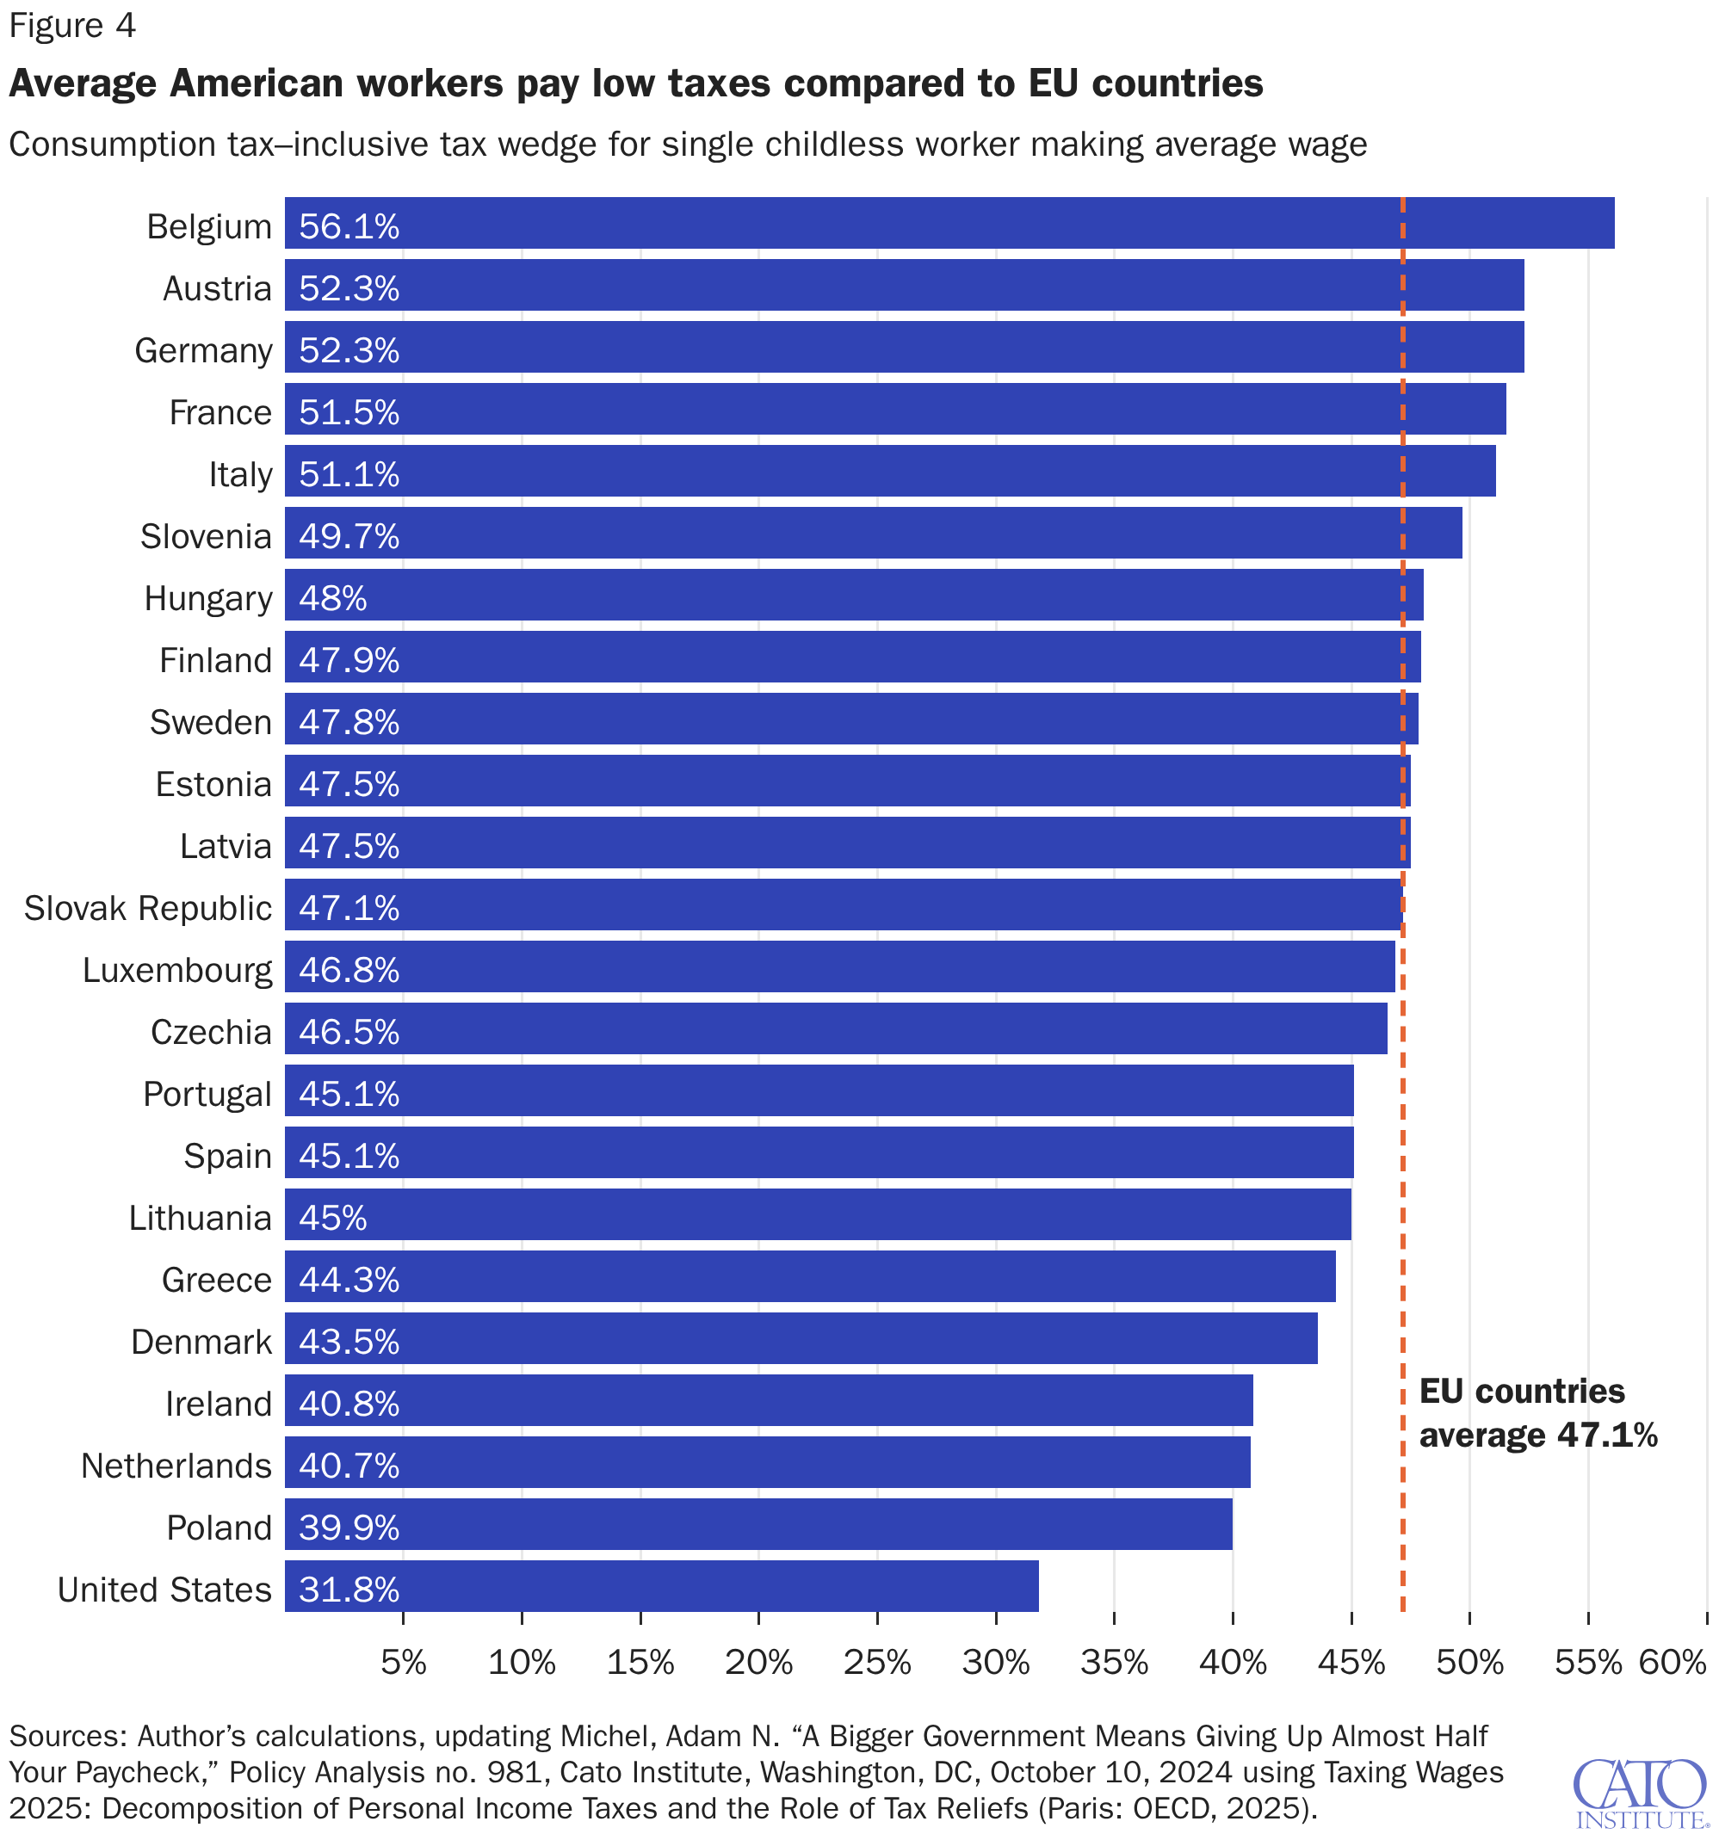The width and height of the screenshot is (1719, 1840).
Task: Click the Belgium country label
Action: (209, 226)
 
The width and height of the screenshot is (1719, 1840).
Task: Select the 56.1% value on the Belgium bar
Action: (349, 226)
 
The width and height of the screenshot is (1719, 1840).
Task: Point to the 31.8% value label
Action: (349, 1590)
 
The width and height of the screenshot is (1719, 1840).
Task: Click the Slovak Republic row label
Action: (148, 909)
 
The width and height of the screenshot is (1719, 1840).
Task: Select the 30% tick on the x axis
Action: (996, 1664)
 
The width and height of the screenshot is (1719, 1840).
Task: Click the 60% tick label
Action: (1673, 1664)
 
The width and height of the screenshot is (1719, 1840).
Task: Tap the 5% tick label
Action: (404, 1664)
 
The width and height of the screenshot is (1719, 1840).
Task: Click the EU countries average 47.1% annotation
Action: (1537, 1414)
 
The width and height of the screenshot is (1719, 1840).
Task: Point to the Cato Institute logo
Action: (1640, 1794)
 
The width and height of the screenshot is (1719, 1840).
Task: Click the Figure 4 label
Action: (72, 26)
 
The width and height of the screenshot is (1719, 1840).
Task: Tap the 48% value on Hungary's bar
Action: (332, 599)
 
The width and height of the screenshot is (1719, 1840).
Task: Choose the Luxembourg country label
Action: (177, 971)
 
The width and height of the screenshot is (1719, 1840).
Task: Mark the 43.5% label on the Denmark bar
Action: (349, 1342)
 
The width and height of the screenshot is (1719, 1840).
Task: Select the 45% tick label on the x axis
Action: (1351, 1664)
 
